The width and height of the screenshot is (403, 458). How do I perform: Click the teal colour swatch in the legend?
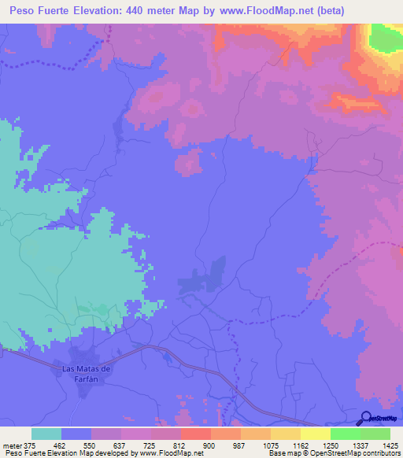pos(46,434)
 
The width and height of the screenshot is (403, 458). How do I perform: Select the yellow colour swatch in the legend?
pos(316,434)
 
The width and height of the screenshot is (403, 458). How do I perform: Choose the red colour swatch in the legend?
pos(196,434)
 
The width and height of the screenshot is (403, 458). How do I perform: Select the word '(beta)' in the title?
pos(327,11)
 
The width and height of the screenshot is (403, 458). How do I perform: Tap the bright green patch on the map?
pos(384,37)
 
